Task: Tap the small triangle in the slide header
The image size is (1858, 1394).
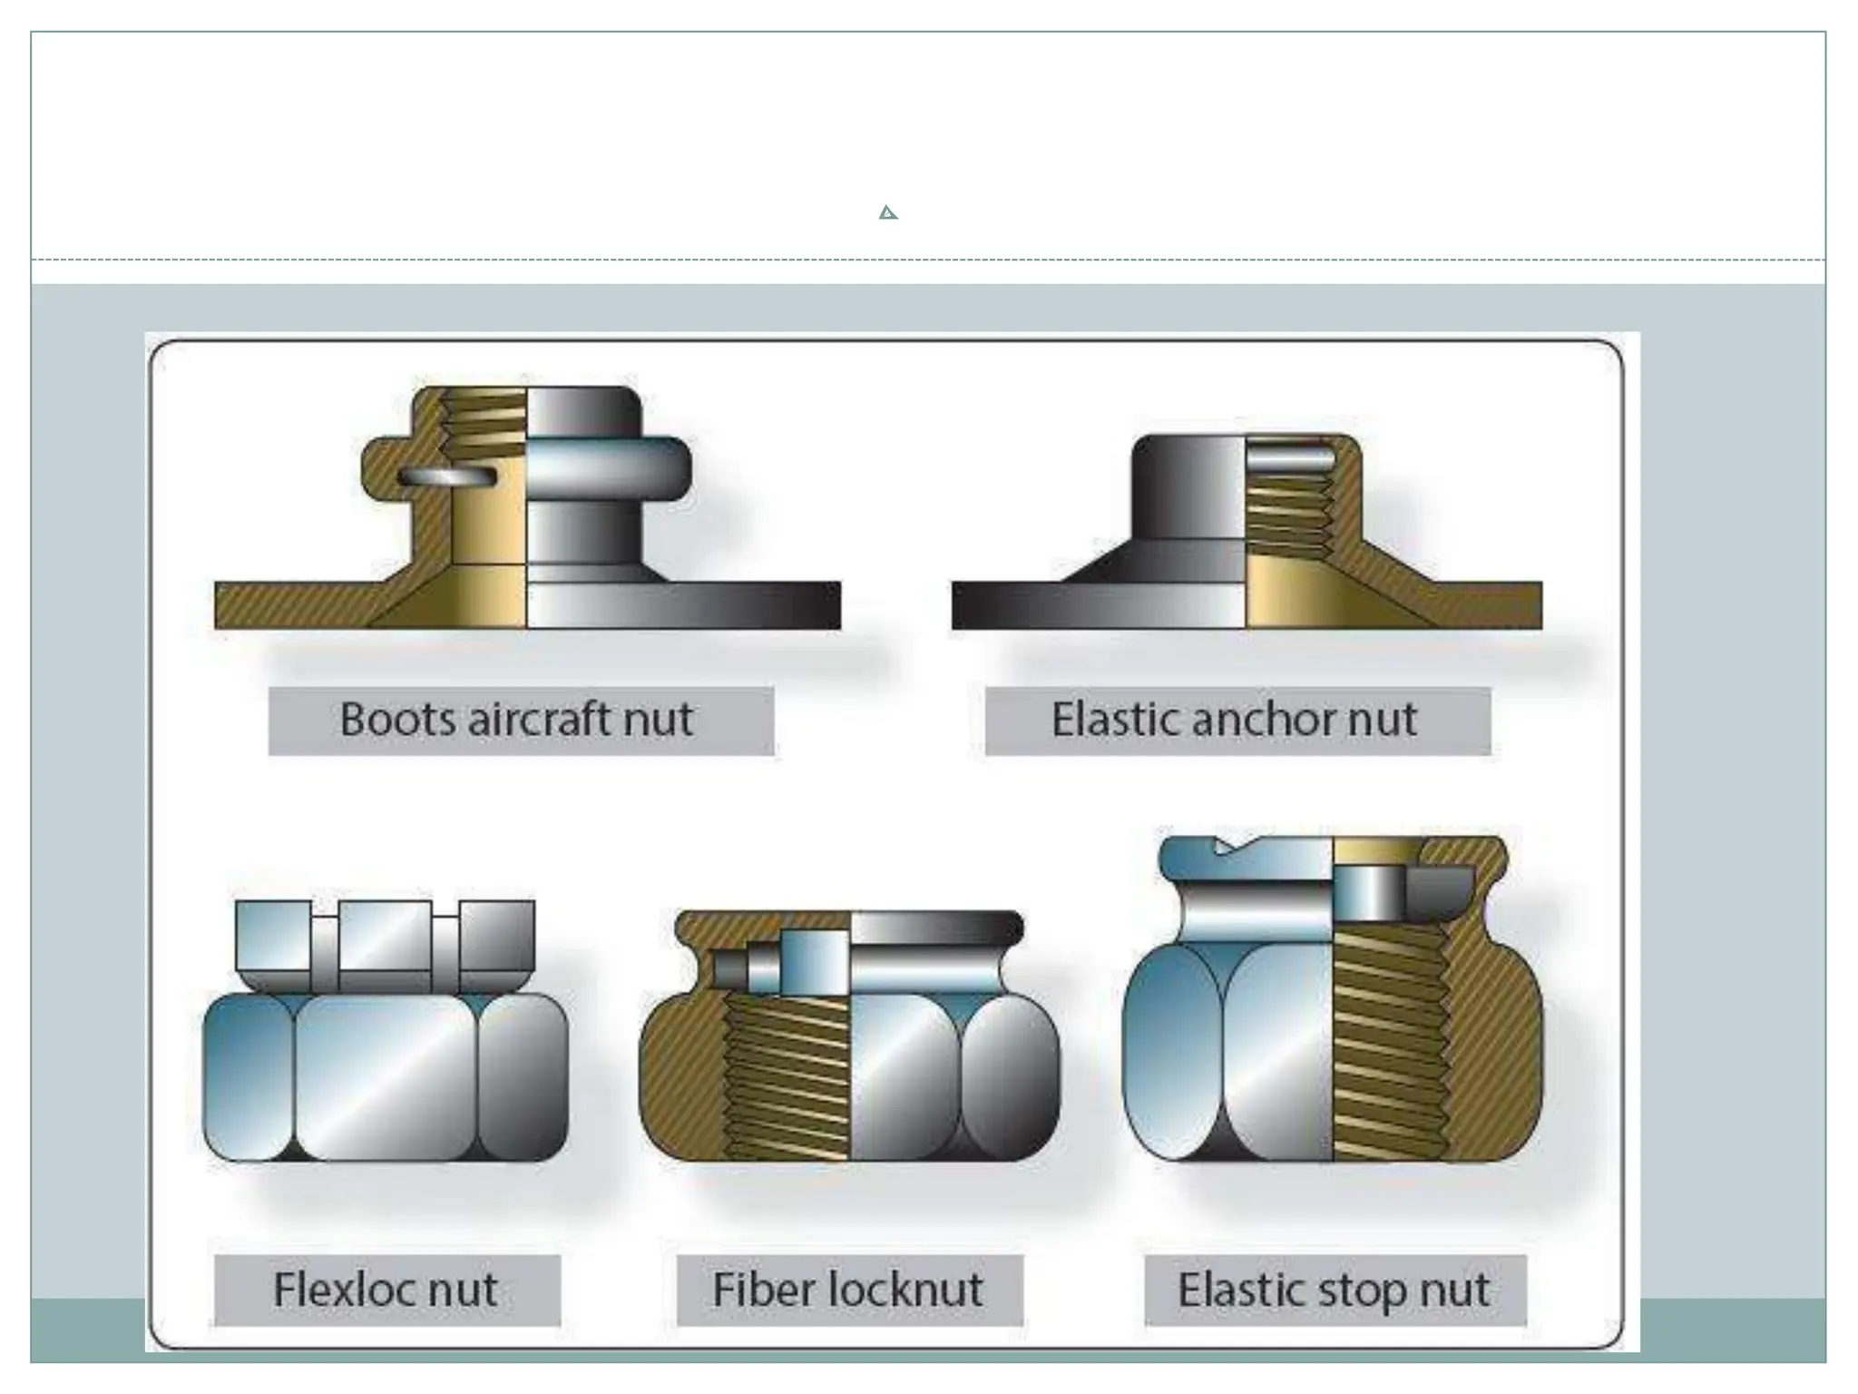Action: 888,213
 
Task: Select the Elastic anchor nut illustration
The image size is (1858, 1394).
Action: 1247,535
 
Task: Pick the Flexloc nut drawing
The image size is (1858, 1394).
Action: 386,1035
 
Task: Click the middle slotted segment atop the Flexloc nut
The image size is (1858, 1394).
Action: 385,935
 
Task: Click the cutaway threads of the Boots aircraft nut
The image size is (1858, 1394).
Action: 483,417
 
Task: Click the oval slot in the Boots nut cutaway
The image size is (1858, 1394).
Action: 447,476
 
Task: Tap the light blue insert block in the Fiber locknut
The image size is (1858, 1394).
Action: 814,962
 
